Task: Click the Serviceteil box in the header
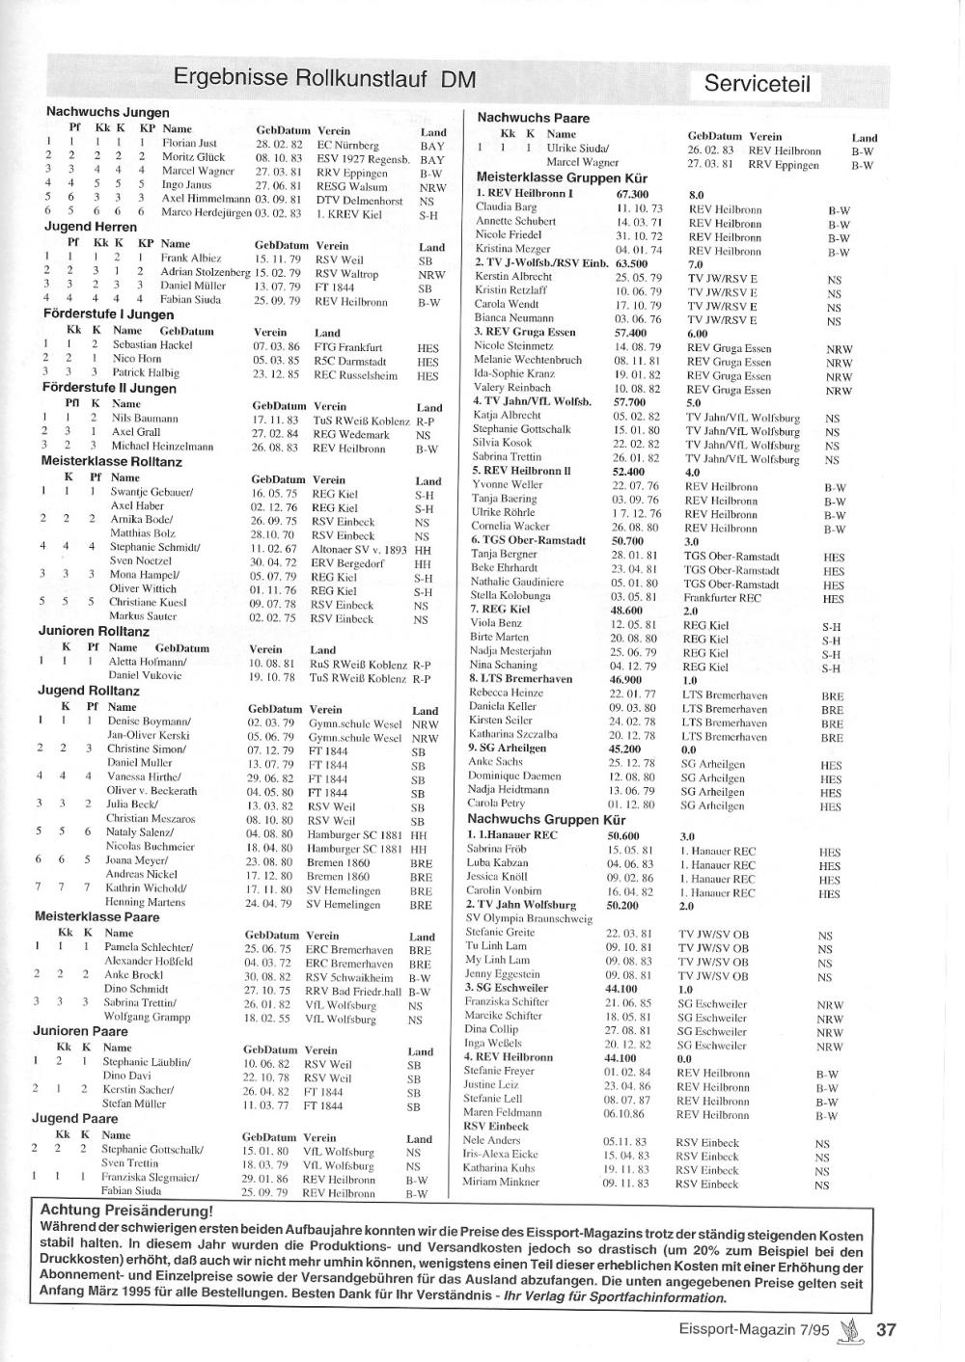coord(758,84)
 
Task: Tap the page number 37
coord(886,1329)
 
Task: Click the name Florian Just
coord(189,143)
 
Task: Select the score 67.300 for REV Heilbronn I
coord(632,193)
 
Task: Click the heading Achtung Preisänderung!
coord(125,1211)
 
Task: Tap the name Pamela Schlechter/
coord(149,947)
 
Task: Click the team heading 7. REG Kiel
coord(500,610)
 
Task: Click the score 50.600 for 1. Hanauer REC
coord(623,835)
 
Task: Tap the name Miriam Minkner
coord(501,1182)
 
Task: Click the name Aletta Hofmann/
coord(148,662)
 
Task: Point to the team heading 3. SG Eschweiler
coord(507,988)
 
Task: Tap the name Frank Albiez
coord(191,259)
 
